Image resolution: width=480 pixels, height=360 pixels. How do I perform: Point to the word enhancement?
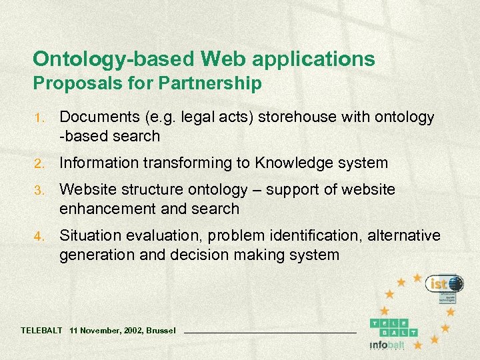pos(107,209)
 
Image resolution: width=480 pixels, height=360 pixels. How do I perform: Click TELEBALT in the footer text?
pos(42,331)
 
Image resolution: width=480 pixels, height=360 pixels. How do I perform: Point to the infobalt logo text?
pos(387,345)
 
